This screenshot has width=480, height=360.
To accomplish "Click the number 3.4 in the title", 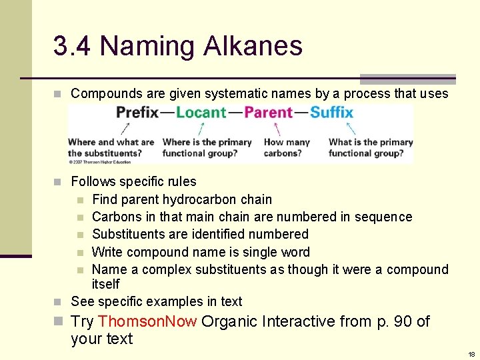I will tap(73, 46).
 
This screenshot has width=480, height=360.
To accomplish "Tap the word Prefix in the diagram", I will tap(137, 112).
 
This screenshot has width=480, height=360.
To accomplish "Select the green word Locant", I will tap(201, 112).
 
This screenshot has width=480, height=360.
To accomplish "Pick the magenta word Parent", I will tap(268, 112).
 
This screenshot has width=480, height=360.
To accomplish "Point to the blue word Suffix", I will tap(331, 112).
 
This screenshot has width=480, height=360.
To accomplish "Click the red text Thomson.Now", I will tap(147, 321).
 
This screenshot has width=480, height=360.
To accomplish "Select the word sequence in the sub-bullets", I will tap(384, 217).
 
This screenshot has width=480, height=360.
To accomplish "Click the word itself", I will tap(105, 284).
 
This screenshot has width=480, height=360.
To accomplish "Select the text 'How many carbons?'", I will tap(287, 147).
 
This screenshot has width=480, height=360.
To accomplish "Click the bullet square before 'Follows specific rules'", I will tap(58, 182).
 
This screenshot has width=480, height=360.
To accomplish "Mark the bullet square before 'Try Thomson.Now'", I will tap(58, 322).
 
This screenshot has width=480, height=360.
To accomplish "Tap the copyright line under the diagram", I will tap(99, 161).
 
